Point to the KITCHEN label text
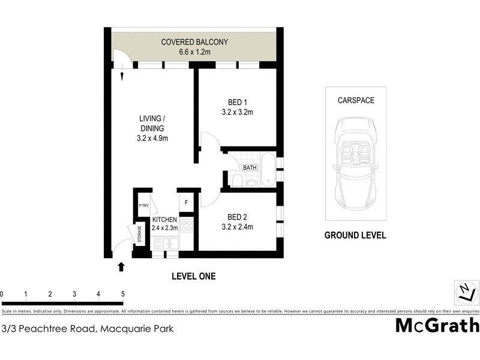[164, 220]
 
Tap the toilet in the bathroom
[237, 181]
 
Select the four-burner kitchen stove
[186, 226]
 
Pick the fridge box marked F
[186, 202]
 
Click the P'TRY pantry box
[143, 205]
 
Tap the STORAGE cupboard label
[140, 233]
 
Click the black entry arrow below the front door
[122, 266]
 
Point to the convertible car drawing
[355, 159]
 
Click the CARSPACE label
[355, 100]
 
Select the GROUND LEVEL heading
[355, 236]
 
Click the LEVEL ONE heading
[193, 277]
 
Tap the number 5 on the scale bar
[122, 294]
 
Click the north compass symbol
[465, 293]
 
